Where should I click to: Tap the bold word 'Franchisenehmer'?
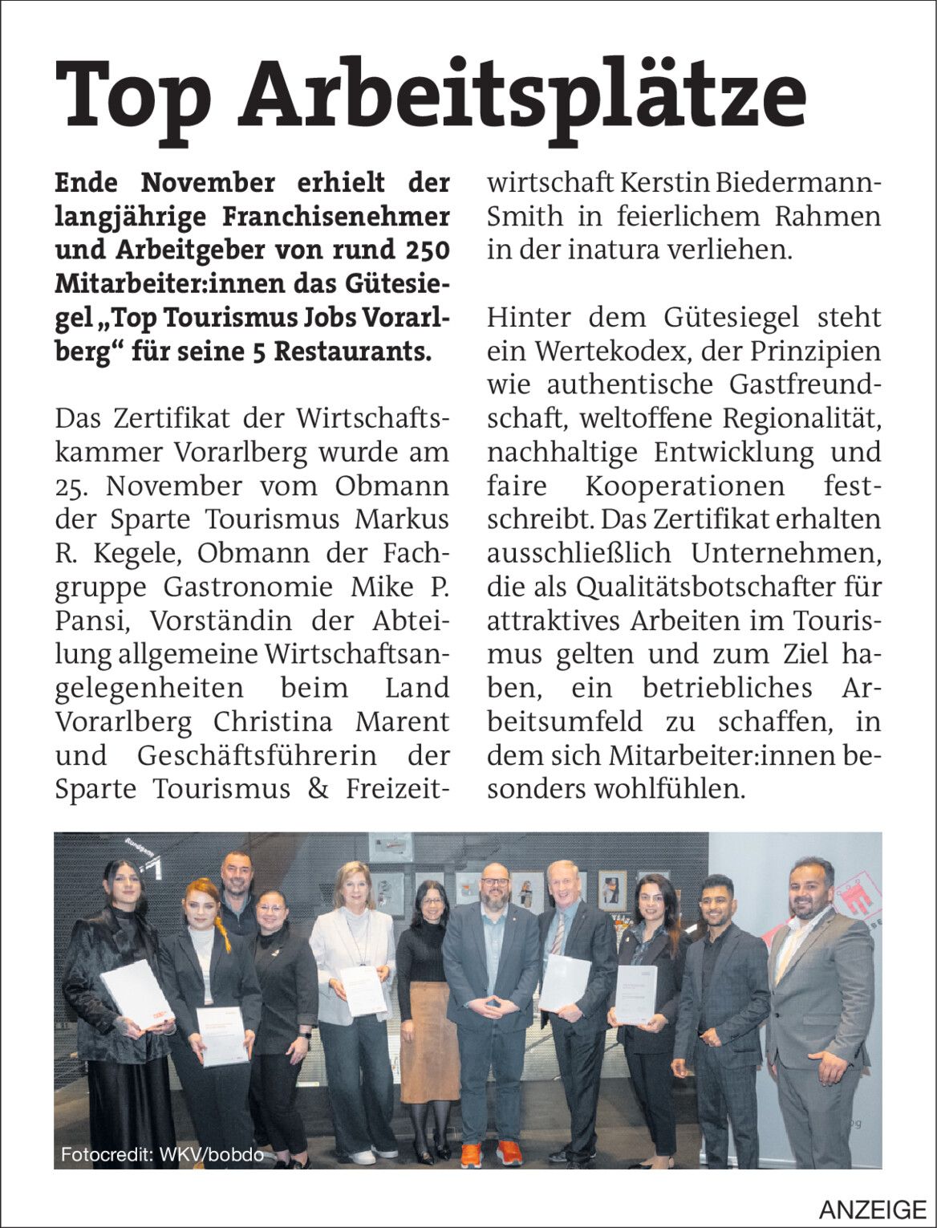(333, 216)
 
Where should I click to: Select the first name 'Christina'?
(273, 722)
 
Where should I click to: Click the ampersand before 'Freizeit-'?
(318, 789)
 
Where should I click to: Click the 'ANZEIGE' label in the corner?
(872, 1209)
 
